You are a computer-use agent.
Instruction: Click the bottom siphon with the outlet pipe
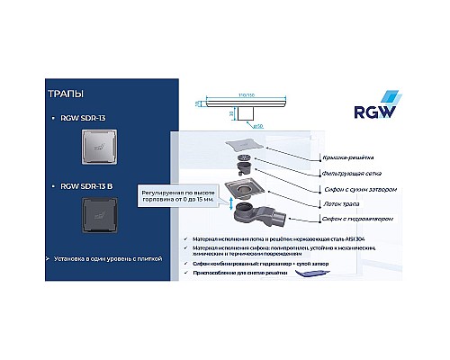click(261, 219)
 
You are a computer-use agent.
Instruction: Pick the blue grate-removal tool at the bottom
click(310, 281)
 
